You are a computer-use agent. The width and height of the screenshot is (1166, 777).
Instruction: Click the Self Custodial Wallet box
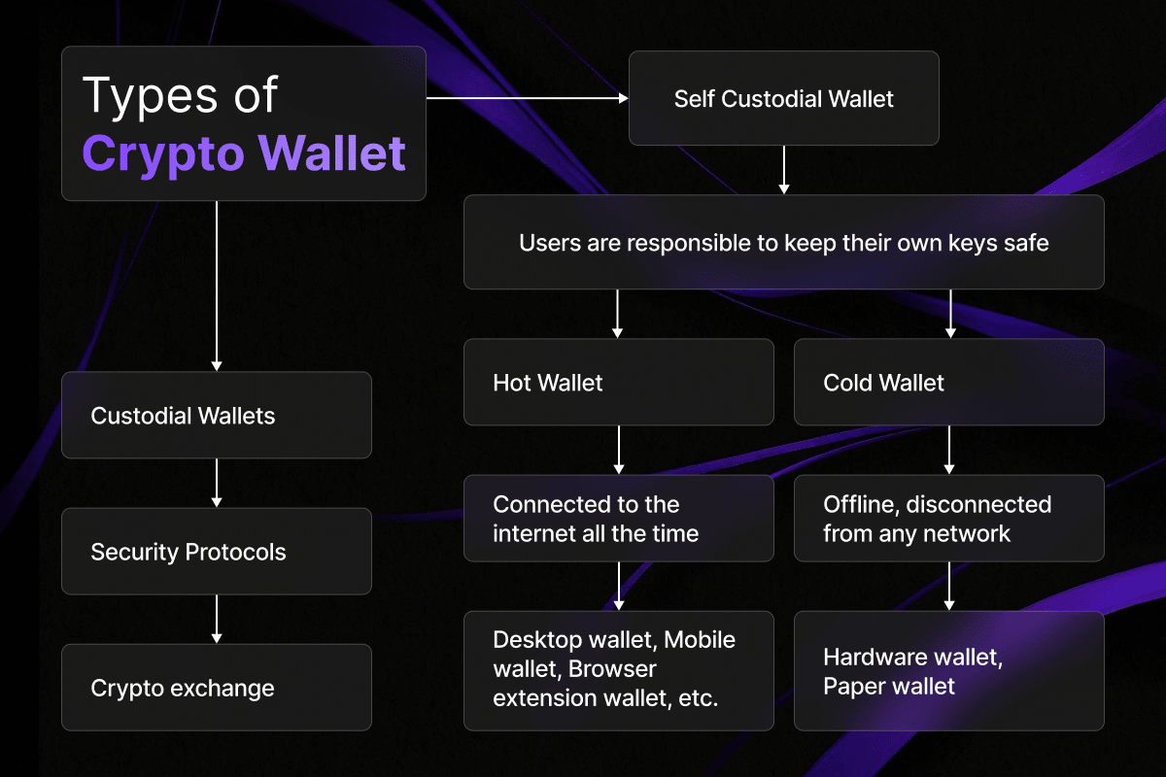pyautogui.click(x=783, y=98)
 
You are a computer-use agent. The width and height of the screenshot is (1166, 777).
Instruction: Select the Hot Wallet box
pyautogui.click(x=618, y=382)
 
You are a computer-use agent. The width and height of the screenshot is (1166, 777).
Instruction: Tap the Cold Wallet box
pyautogui.click(x=948, y=382)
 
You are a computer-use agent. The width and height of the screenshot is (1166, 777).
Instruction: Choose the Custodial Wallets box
pyautogui.click(x=216, y=416)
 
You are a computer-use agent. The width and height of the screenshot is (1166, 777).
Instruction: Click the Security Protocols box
pyautogui.click(x=216, y=552)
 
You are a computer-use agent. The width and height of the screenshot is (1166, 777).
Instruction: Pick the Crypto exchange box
pyautogui.click(x=216, y=688)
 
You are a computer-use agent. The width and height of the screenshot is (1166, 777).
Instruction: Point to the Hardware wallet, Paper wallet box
pyautogui.click(x=948, y=671)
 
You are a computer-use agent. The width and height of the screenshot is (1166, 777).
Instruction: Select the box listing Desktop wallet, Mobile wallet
pyautogui.click(x=618, y=669)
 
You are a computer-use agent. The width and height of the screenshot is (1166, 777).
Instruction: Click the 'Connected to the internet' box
pyautogui.click(x=618, y=519)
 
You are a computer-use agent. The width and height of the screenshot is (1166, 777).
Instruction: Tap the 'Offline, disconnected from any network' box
pyautogui.click(x=948, y=519)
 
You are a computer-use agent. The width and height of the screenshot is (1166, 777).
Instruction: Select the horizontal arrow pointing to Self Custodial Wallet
pyautogui.click(x=527, y=98)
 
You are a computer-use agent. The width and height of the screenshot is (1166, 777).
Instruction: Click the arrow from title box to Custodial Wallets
pyautogui.click(x=217, y=286)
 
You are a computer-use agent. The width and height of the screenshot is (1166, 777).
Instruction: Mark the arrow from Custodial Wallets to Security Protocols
pyautogui.click(x=217, y=483)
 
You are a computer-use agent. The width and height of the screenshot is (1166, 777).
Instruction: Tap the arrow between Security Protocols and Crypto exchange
pyautogui.click(x=217, y=619)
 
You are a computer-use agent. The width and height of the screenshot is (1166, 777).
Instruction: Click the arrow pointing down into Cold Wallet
pyautogui.click(x=948, y=313)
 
